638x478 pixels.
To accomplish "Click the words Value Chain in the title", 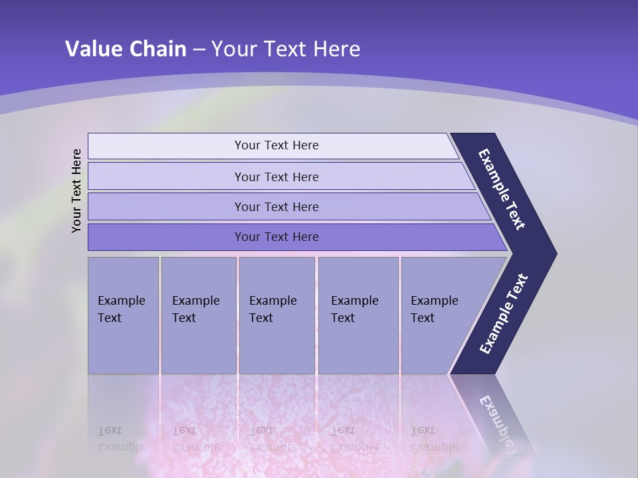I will click(x=126, y=48).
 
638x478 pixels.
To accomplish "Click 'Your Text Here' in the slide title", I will click(x=286, y=48).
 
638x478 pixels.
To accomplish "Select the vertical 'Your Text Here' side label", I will click(x=76, y=191).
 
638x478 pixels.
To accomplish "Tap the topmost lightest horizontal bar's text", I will click(x=276, y=145).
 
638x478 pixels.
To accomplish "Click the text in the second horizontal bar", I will click(x=276, y=177).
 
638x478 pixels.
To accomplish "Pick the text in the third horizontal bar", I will click(x=276, y=206).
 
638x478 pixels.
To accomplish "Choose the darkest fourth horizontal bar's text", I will click(x=276, y=236).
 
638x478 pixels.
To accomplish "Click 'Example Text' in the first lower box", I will click(x=121, y=309).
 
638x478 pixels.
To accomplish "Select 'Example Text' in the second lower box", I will click(x=195, y=309).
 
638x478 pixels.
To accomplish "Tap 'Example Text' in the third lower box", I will click(x=272, y=309).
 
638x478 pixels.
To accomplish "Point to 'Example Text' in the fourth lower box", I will click(x=354, y=309).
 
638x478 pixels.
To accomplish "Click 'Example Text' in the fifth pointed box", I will click(x=434, y=309).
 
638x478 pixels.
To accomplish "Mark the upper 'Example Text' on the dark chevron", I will click(x=502, y=189).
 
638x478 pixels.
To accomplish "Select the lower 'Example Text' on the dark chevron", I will click(x=503, y=314).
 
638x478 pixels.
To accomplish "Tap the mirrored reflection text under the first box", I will click(x=121, y=439).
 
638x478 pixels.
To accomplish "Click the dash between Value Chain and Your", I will click(x=199, y=50).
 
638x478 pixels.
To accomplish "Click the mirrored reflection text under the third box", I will click(x=272, y=439).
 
